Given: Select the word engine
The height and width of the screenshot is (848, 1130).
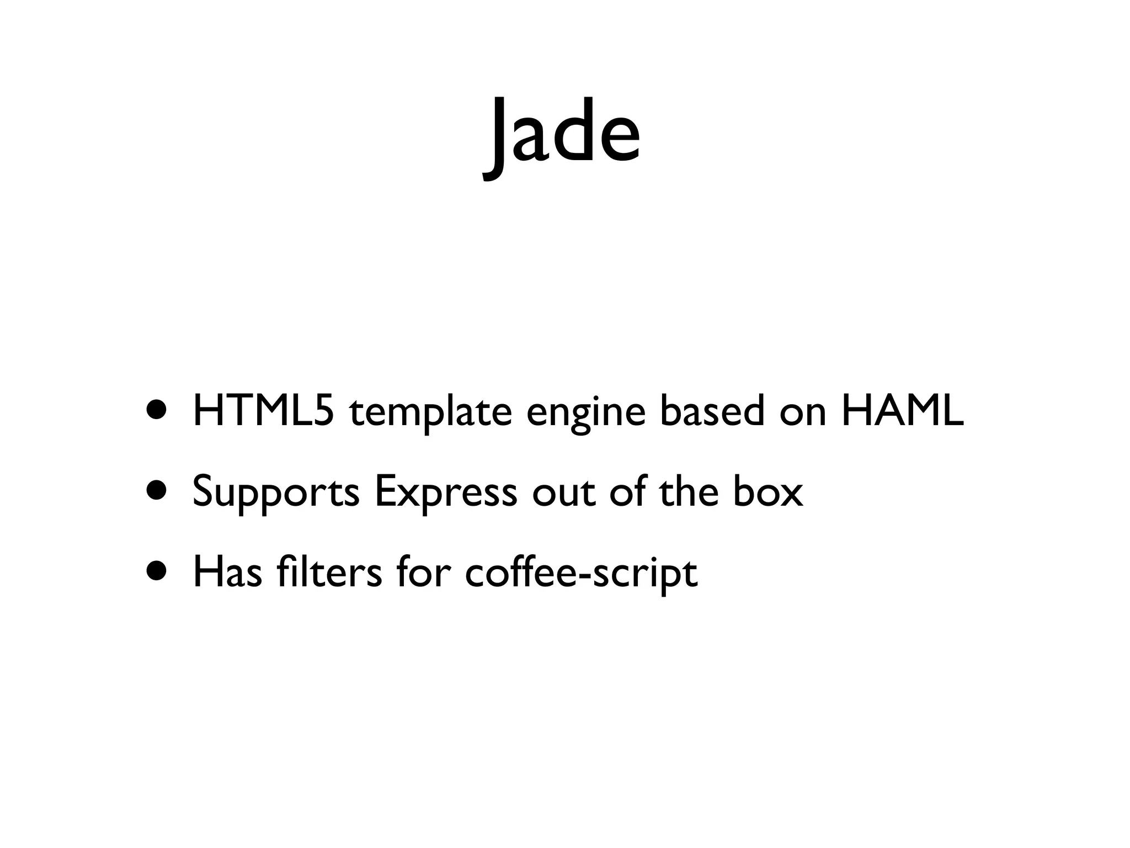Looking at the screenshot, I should [585, 413].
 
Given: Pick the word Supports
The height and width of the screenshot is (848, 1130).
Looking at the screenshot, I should [276, 492].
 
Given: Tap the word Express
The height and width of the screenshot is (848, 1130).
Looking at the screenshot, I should [445, 492].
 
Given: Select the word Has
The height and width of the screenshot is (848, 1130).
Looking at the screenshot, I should [227, 573].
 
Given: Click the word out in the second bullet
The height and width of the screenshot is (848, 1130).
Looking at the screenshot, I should [563, 492].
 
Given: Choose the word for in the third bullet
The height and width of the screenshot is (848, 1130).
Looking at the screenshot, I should [423, 573].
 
